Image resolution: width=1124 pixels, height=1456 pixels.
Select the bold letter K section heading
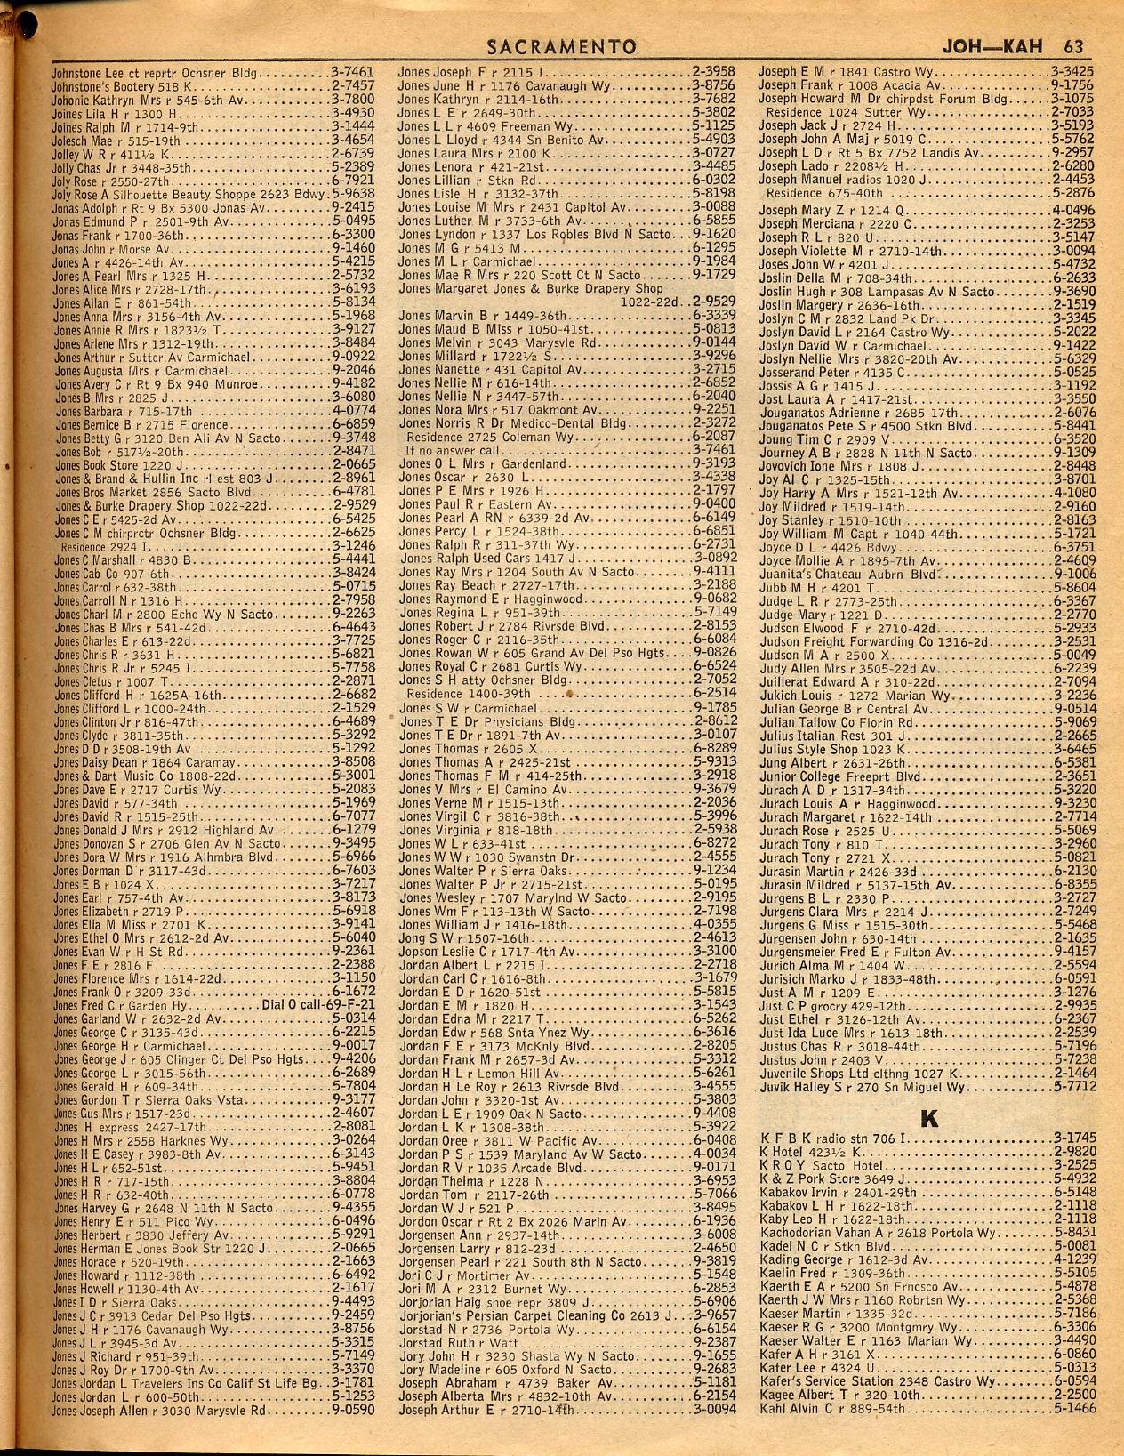(928, 1117)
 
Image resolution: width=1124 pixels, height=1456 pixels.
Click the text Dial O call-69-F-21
(318, 1004)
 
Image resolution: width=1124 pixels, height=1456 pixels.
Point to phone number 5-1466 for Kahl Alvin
(1072, 1408)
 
